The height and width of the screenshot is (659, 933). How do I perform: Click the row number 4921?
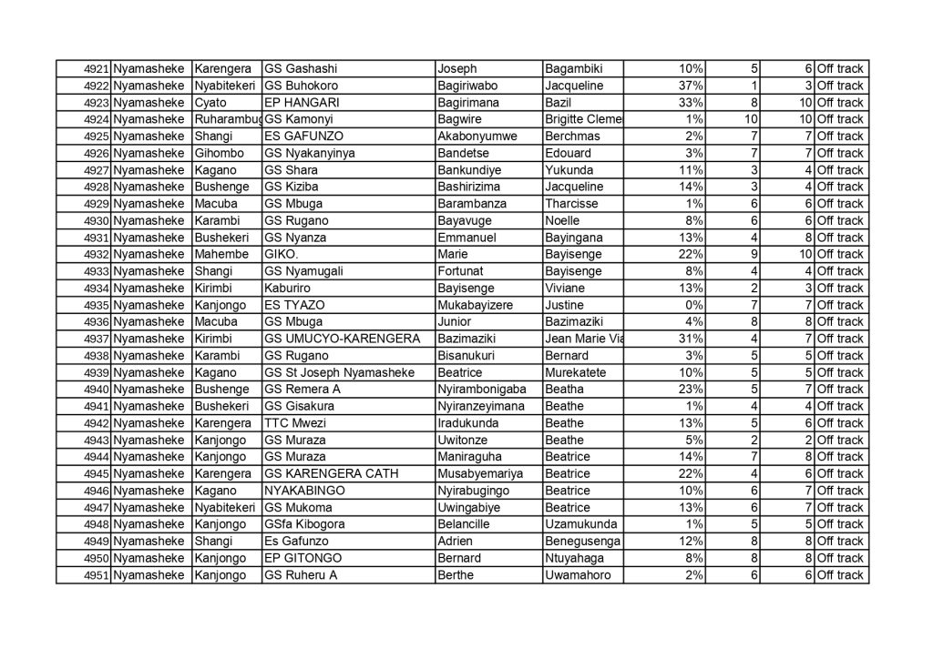coord(97,69)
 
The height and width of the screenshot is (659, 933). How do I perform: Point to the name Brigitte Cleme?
coord(583,119)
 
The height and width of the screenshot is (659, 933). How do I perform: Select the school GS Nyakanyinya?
coord(309,153)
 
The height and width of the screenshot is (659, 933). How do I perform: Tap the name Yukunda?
coord(570,170)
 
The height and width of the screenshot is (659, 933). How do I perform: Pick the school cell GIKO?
coord(282,254)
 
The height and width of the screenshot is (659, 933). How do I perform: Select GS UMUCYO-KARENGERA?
coord(342,339)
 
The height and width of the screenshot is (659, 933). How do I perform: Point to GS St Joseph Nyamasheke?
coord(338,372)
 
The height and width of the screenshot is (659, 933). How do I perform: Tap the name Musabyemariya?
coord(481,473)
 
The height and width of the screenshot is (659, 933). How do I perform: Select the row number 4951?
coord(97,574)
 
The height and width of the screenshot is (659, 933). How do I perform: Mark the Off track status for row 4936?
coord(840,322)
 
